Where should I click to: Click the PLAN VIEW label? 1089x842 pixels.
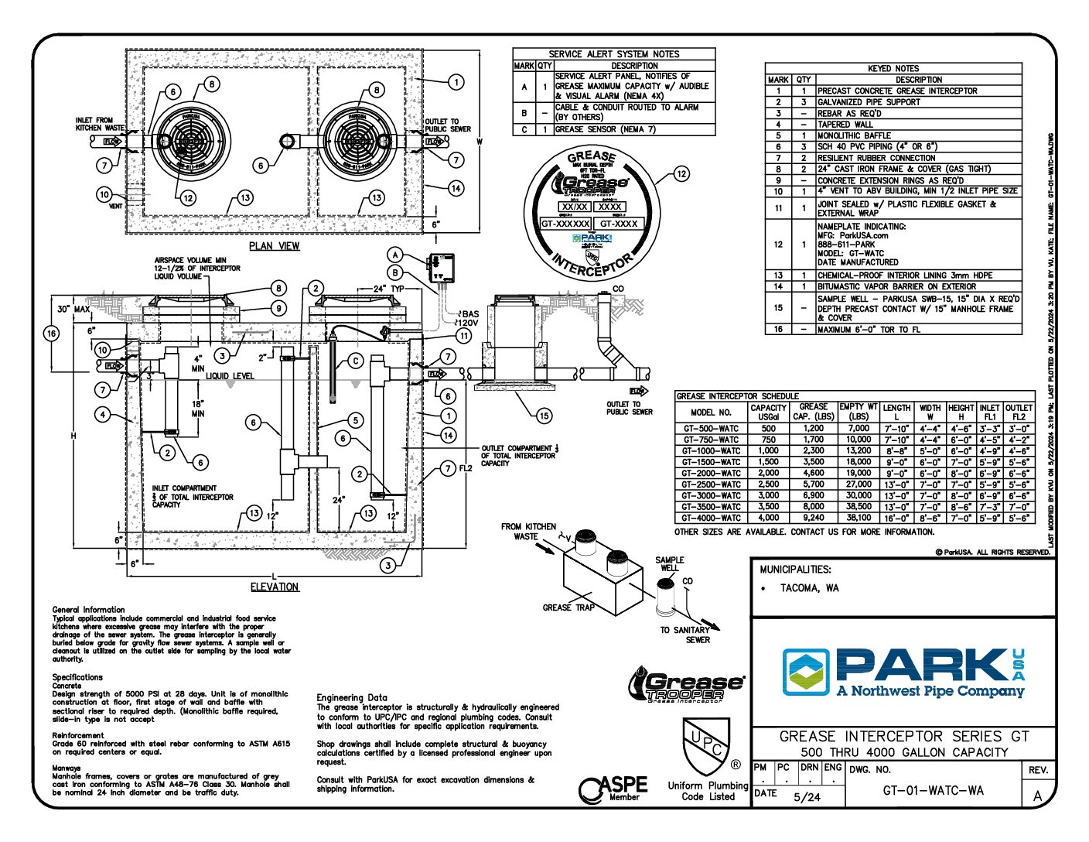pos(274,246)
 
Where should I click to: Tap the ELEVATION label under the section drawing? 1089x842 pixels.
pos(275,587)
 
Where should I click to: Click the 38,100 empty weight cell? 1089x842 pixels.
pos(859,518)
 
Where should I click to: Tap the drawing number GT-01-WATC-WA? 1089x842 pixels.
pos(933,791)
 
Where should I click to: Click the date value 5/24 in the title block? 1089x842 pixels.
pos(807,797)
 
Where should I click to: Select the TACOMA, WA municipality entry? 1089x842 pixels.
pos(809,588)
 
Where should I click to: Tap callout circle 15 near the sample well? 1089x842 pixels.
pos(544,416)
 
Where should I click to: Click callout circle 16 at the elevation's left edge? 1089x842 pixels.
pos(51,334)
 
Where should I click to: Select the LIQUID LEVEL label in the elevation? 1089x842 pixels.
pos(230,376)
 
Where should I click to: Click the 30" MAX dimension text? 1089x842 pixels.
pos(73,310)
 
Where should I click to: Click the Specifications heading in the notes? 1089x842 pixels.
pos(78,677)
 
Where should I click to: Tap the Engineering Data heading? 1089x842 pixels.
pos(352,697)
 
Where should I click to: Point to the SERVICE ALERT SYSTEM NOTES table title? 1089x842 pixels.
pos(613,54)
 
